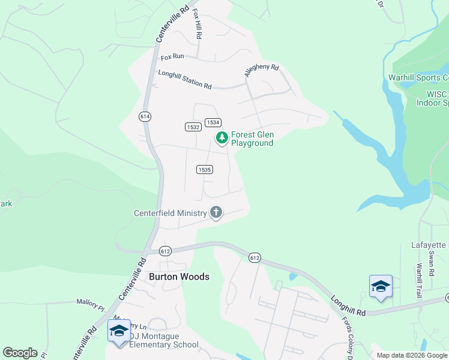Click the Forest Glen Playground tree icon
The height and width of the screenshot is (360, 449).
pos(222,138)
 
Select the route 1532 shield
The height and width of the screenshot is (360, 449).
pos(193,127)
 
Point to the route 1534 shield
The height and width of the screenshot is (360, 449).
pos(212,122)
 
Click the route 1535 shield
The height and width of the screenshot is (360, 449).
pos(204,170)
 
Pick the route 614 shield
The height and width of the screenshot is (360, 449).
pos(144,116)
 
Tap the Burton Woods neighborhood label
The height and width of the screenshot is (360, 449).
pos(179,277)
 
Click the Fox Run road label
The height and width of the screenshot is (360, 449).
pos(172,57)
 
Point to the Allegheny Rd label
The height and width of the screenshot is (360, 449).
pos(262,71)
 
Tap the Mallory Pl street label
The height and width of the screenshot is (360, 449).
pos(91,304)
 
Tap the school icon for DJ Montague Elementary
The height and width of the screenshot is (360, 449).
pos(118,331)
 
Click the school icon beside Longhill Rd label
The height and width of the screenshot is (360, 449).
pos(381,286)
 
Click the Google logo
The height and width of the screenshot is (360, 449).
pos(20,353)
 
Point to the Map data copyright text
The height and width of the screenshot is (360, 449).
pos(412,355)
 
